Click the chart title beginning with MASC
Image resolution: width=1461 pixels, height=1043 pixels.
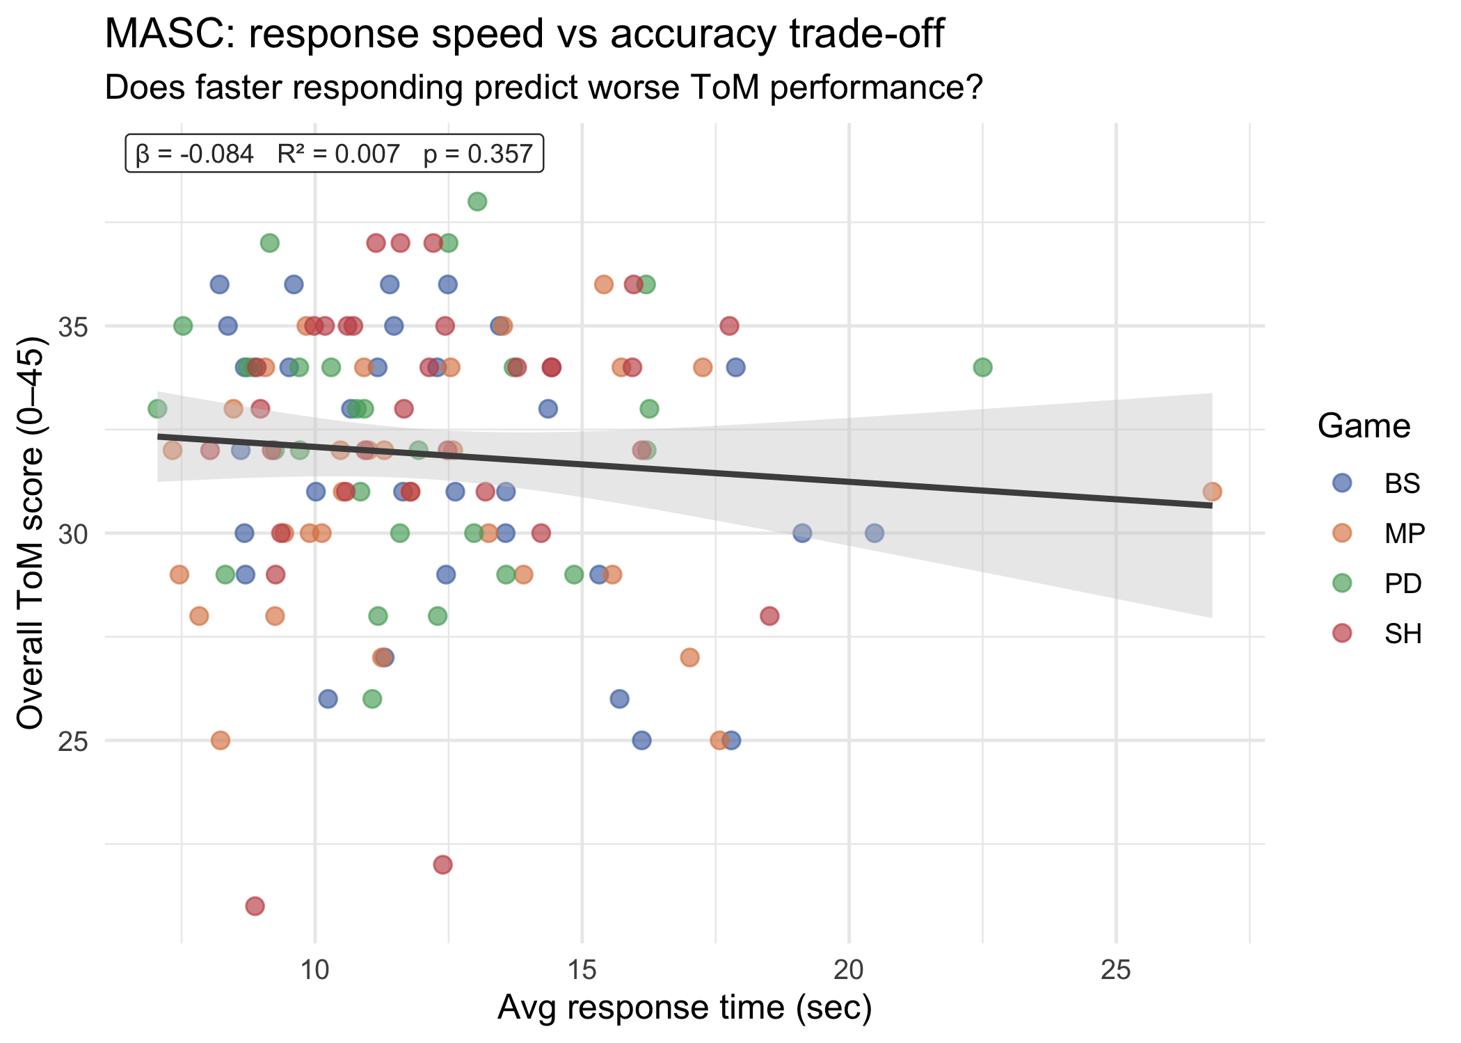point(523,33)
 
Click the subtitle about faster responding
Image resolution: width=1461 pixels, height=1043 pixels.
point(543,88)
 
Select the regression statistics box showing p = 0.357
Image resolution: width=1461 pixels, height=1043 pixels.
point(334,154)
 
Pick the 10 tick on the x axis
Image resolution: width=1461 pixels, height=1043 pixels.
point(315,969)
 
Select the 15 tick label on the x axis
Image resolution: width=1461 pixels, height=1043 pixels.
point(582,969)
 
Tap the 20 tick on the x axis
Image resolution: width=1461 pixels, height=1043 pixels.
point(849,969)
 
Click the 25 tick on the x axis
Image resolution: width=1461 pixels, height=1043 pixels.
point(1116,969)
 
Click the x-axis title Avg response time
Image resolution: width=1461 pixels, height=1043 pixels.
point(685,1008)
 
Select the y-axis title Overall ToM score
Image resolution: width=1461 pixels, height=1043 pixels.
point(31,533)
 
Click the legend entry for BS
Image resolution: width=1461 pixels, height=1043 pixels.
point(1400,483)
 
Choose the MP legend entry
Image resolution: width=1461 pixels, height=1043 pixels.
point(1403,533)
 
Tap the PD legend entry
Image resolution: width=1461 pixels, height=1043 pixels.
point(1402,583)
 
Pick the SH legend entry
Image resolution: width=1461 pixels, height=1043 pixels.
point(1402,633)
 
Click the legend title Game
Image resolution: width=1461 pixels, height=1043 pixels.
point(1364,426)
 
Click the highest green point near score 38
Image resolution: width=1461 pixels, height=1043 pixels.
point(477,202)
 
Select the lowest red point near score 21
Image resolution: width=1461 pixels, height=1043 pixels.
point(255,906)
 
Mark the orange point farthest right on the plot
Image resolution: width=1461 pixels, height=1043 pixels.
point(1212,492)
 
